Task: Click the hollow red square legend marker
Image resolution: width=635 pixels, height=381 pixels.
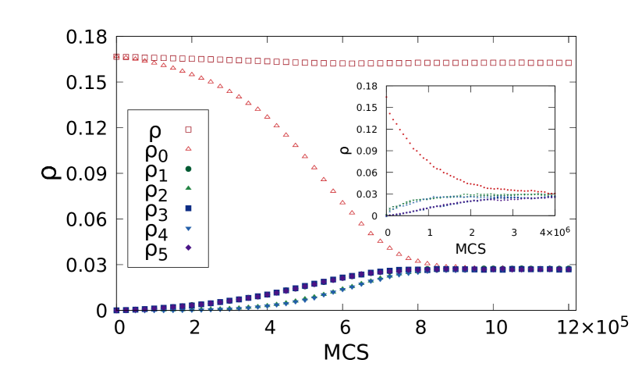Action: tap(188, 130)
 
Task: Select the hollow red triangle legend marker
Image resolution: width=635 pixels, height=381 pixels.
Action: tap(188, 148)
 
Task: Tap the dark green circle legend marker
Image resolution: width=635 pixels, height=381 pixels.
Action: tap(188, 169)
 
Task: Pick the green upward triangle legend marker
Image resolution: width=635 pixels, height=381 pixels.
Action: tap(188, 187)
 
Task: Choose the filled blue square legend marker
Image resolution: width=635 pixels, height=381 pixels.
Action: tap(188, 208)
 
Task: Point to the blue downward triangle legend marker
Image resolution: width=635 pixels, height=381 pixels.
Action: tap(188, 229)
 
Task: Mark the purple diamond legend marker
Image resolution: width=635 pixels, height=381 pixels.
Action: tap(188, 247)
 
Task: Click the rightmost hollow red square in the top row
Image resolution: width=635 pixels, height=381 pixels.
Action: tap(568, 62)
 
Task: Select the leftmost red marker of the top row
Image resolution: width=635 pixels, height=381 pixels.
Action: tap(116, 56)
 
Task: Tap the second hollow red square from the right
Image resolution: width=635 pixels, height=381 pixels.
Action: tap(559, 62)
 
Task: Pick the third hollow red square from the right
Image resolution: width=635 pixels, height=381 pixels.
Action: tap(549, 62)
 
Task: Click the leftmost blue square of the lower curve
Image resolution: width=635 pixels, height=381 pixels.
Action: tap(116, 310)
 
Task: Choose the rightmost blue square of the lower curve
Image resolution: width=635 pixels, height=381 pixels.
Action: tap(568, 269)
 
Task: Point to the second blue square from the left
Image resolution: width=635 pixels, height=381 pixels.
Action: tap(126, 310)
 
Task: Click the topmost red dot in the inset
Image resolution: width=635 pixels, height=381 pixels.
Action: tap(386, 98)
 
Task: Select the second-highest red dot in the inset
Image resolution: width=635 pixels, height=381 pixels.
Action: tap(389, 113)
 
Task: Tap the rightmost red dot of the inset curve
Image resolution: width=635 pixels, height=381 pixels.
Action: tap(555, 193)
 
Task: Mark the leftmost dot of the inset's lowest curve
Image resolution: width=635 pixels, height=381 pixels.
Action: tap(385, 216)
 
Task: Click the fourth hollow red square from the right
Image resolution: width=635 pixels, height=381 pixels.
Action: tap(540, 62)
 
